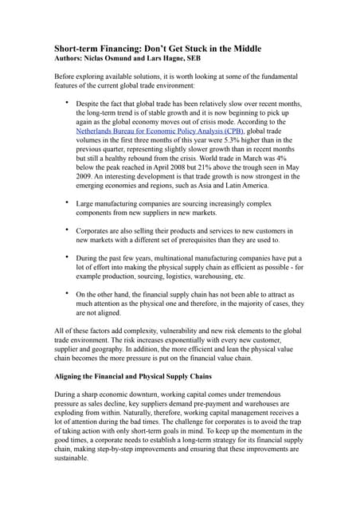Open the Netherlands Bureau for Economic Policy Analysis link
pos(160,131)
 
